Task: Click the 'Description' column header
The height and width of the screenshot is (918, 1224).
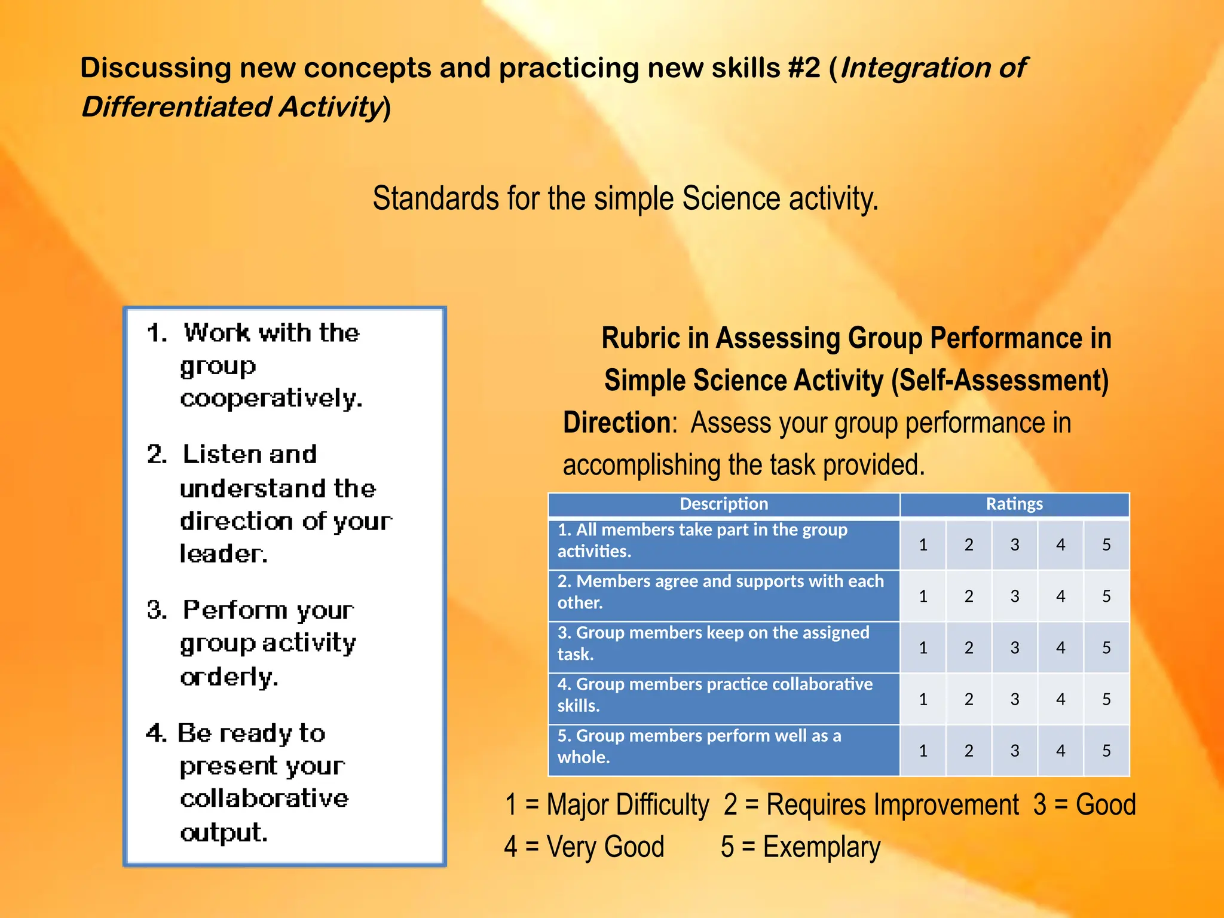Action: (723, 504)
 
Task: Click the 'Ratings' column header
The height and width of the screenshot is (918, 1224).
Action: (1014, 504)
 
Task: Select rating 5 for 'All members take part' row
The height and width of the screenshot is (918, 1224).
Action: (1106, 544)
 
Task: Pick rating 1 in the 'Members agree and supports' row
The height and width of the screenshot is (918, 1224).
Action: (923, 596)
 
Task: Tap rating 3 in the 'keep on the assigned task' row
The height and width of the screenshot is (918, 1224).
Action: (1014, 647)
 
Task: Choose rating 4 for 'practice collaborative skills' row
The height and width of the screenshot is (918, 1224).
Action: (1060, 699)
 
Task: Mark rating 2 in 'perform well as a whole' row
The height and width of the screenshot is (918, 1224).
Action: (969, 750)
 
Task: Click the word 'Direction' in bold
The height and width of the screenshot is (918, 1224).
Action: (617, 423)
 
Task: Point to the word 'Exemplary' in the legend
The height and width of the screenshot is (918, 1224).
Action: (821, 847)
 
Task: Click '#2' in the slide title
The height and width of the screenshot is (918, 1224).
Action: (804, 68)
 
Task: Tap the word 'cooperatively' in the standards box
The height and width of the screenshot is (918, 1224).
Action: (271, 398)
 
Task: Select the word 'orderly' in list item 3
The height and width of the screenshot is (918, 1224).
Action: (229, 677)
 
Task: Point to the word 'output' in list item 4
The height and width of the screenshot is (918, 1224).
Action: (224, 833)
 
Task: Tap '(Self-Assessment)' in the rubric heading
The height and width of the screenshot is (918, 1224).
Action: (1000, 380)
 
